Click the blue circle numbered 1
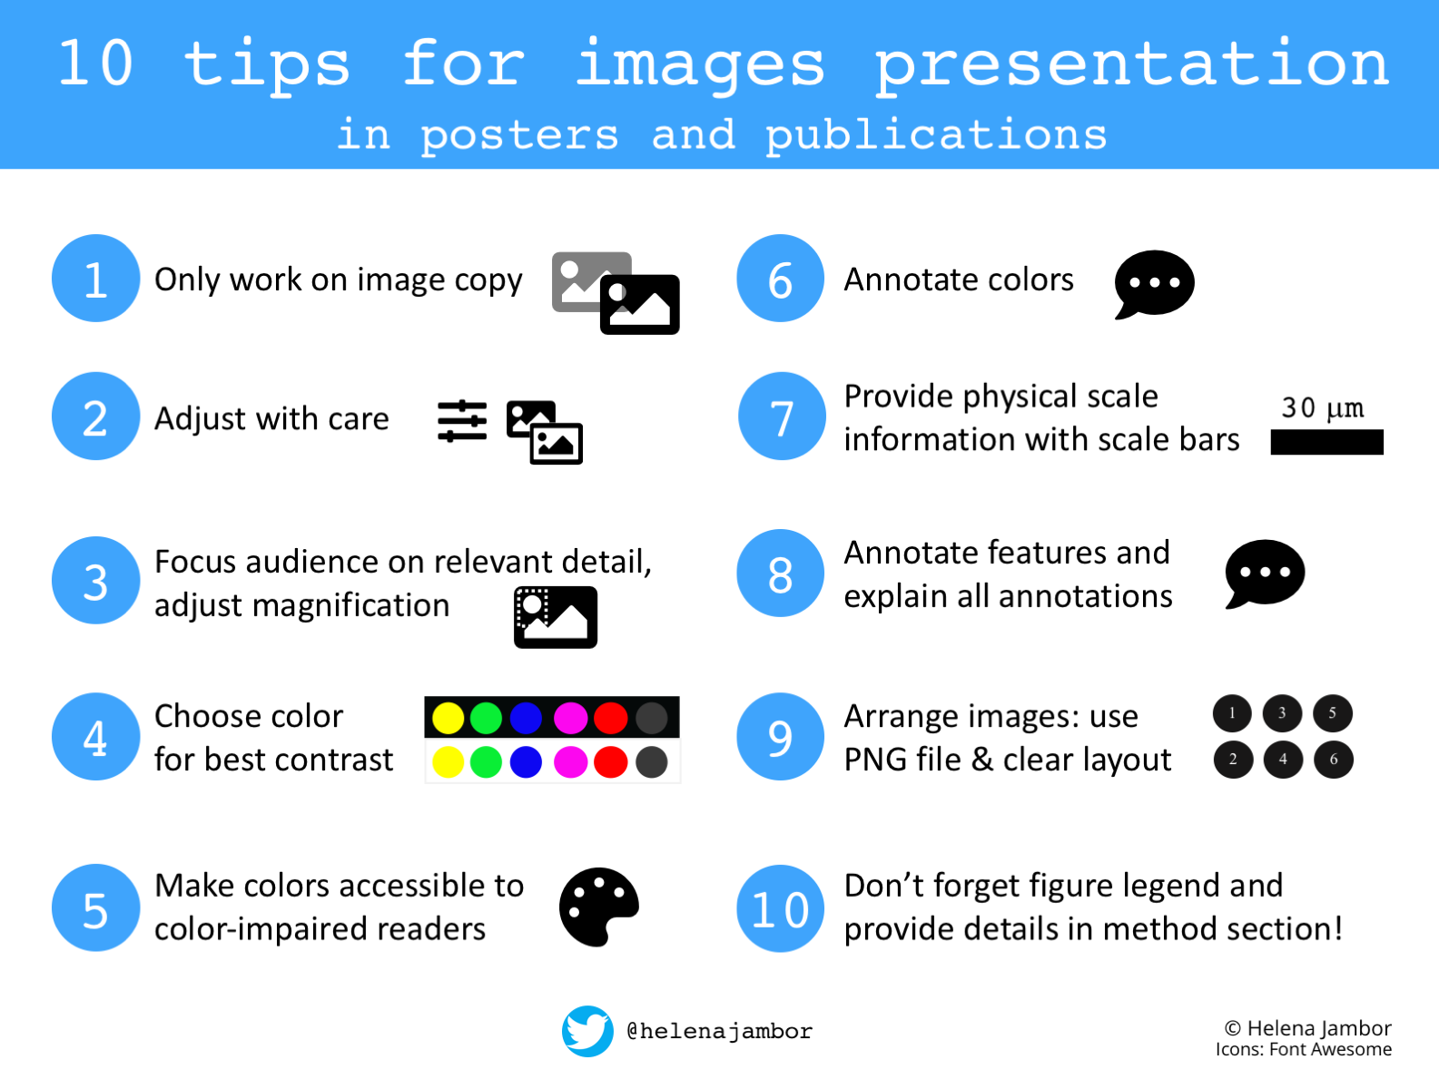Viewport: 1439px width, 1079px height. coord(95,279)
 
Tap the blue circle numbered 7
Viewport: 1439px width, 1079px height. coord(782,416)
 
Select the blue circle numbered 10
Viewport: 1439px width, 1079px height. coord(780,908)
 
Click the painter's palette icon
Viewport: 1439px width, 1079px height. coord(598,907)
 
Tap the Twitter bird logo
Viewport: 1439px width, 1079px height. coord(587,1031)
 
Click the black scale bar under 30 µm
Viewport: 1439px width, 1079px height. coord(1327,442)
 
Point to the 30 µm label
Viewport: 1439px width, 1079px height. coord(1322,408)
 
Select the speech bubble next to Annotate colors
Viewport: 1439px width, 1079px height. coord(1155,284)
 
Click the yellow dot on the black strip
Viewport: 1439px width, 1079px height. coord(448,718)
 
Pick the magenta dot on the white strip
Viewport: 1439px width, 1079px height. coord(570,762)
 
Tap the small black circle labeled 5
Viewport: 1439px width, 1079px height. coord(1333,713)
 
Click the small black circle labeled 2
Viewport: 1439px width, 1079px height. coord(1233,760)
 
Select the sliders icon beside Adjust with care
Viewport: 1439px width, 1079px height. coord(462,421)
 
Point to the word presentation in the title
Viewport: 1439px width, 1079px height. coord(1132,65)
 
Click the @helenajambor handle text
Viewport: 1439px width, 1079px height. coord(720,1032)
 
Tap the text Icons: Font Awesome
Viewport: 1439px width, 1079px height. coord(1304,1050)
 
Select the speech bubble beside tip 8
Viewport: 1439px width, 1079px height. coord(1265,574)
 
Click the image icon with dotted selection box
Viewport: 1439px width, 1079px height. coord(556,617)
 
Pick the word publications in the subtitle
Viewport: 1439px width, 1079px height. coord(937,135)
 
